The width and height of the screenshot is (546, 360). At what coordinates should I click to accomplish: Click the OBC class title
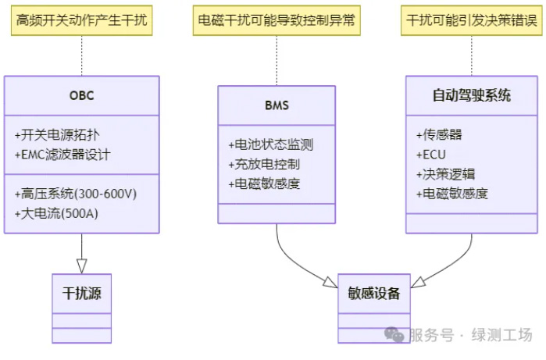[x=81, y=96]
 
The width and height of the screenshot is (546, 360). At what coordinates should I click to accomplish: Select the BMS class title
[x=277, y=105]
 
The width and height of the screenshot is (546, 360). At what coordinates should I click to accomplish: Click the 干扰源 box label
[x=81, y=294]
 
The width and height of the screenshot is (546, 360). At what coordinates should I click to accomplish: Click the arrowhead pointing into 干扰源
[x=81, y=266]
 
